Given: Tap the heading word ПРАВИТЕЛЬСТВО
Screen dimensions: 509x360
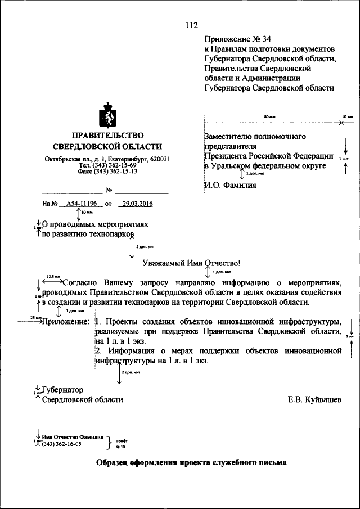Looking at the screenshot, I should pos(107,136).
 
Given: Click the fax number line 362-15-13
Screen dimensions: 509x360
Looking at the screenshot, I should pos(107,172).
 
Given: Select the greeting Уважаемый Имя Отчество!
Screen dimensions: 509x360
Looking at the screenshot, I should pos(191,263).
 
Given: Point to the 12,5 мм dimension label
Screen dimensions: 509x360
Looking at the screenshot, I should pos(53,277).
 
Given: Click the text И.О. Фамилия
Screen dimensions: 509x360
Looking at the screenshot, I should pos(230,184).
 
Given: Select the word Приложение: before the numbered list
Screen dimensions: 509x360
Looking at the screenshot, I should pos(66,322).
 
